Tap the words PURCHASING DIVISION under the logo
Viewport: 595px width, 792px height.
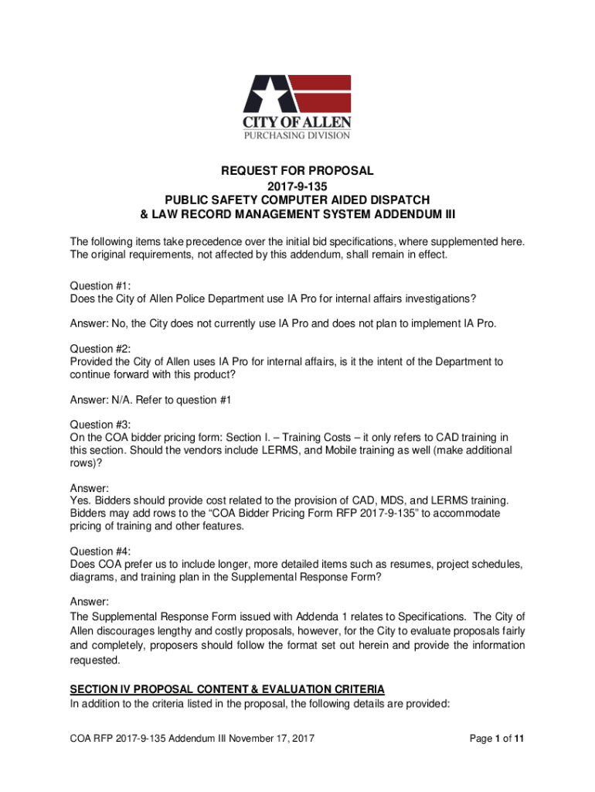pos(297,135)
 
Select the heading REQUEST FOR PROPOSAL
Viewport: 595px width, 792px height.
pos(297,170)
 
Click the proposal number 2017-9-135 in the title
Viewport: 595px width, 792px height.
pos(297,186)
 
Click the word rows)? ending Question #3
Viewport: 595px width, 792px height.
pos(86,463)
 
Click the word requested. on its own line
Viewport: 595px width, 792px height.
pos(95,661)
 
